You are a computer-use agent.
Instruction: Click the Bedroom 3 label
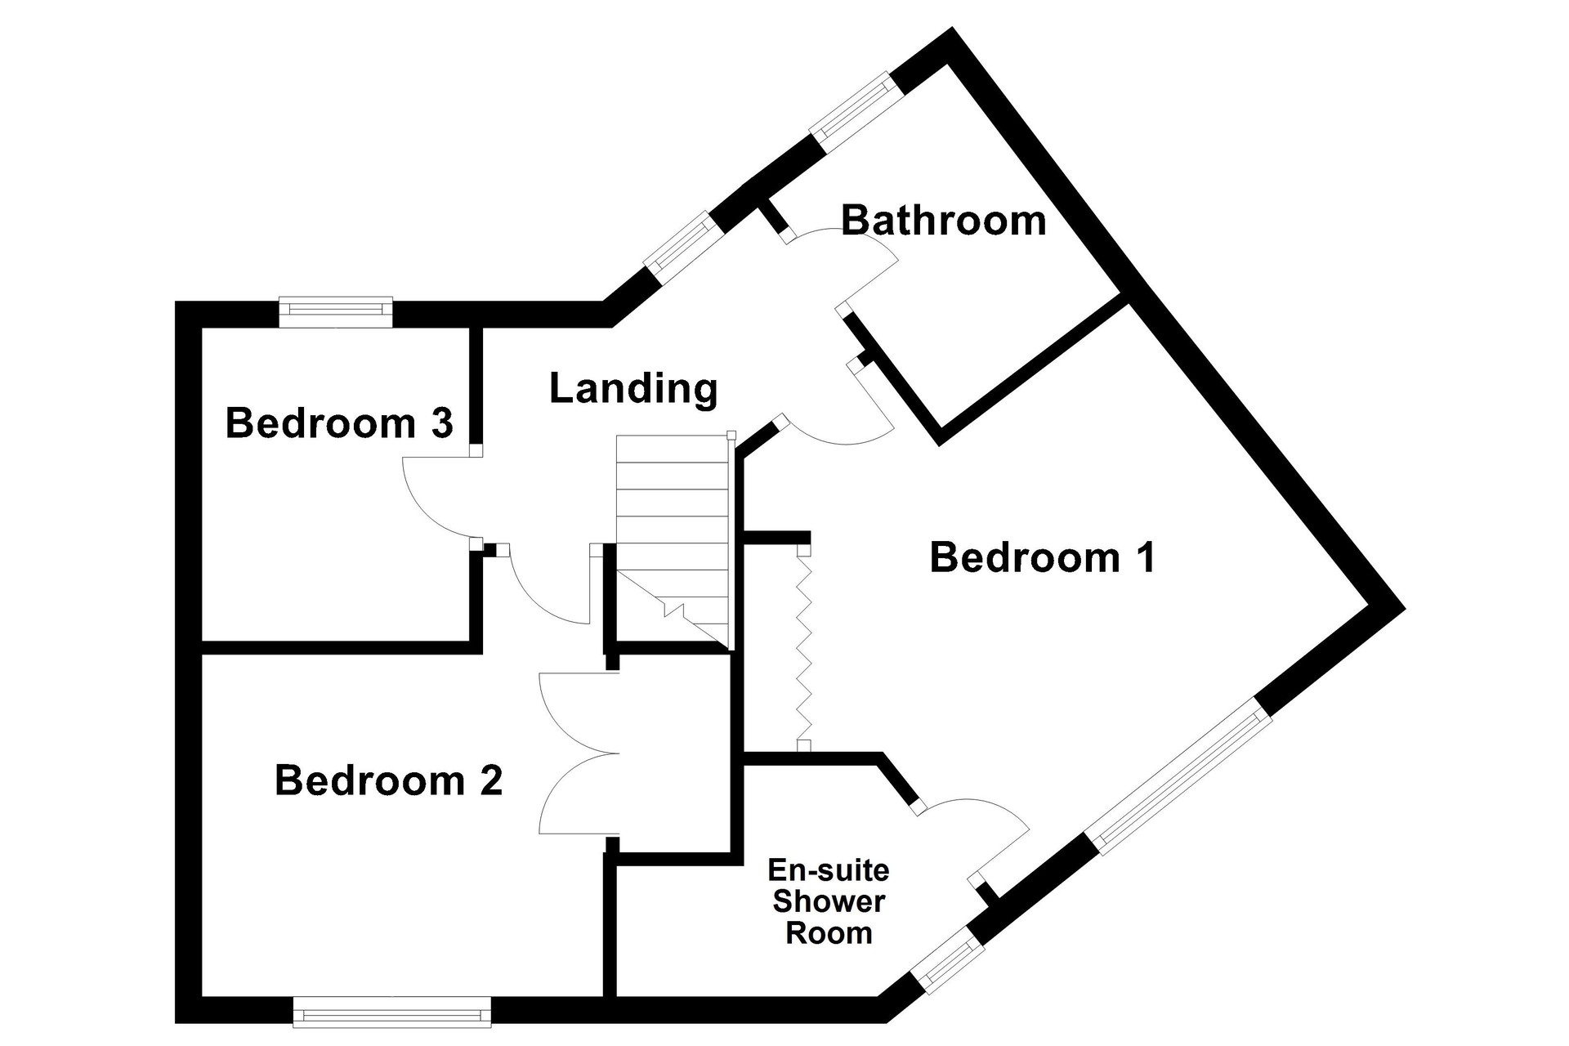click(339, 423)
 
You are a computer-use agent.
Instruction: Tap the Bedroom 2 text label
click(388, 780)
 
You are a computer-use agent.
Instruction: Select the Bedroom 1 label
click(1043, 557)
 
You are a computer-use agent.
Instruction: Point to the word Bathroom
click(944, 221)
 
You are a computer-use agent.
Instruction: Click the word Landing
click(633, 389)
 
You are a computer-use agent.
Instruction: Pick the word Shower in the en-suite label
click(829, 902)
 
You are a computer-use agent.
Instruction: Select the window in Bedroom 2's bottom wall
click(392, 1012)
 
